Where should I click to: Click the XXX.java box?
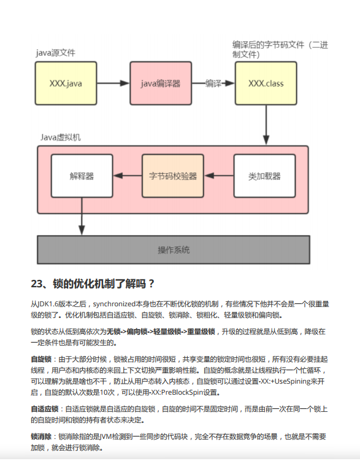tap(66, 83)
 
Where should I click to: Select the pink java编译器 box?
tap(161, 83)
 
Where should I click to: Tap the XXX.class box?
tap(266, 83)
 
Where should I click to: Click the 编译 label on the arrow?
tap(213, 83)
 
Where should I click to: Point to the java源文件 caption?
tap(56, 52)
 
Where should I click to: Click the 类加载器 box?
tap(264, 176)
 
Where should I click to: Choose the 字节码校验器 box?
tap(173, 176)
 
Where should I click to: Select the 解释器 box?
tap(82, 176)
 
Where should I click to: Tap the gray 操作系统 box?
tap(174, 250)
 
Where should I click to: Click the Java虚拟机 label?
tap(60, 137)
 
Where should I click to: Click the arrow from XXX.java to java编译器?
tap(113, 83)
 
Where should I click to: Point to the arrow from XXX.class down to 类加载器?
tap(266, 125)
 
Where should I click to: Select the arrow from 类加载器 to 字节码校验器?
tap(218, 176)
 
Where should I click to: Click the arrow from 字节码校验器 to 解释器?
tap(128, 176)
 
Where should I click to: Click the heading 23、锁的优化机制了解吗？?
tap(93, 284)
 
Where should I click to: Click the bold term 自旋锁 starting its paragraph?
tap(40, 359)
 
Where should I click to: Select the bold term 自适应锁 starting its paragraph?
tap(44, 409)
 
